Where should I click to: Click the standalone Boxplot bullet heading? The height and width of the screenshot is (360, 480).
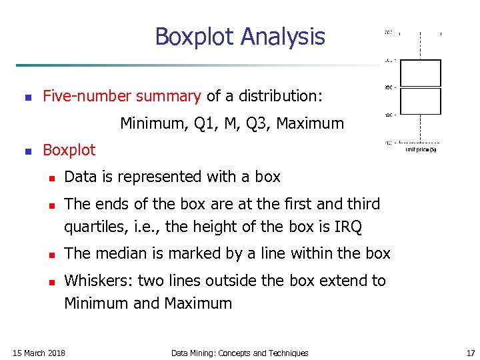(x=69, y=150)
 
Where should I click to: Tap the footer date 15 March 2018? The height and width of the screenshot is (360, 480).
(x=39, y=353)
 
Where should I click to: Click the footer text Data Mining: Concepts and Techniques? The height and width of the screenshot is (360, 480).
(x=240, y=353)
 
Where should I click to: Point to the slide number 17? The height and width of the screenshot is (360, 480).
(x=471, y=353)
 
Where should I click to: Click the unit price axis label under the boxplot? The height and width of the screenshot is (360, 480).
(x=421, y=150)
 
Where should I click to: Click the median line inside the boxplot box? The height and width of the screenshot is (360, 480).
(x=421, y=87)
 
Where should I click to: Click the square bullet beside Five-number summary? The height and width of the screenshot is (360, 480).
(x=27, y=97)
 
